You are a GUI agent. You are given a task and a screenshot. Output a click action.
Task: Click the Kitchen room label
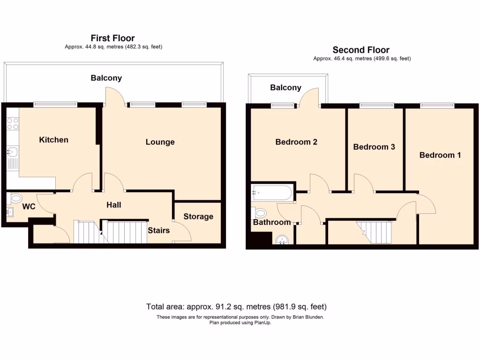pos(53,140)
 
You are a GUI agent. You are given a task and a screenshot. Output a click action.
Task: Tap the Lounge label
pos(160,142)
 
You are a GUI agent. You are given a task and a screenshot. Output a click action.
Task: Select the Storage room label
pos(198,216)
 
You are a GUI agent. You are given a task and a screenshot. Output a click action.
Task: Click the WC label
pos(29,206)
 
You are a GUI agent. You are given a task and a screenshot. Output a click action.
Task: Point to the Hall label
pos(113,205)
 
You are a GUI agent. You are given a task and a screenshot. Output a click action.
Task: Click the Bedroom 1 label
pos(440,155)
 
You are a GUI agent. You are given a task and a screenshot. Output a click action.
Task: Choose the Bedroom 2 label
pos(296,142)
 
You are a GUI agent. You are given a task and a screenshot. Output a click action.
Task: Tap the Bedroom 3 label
pos(374,147)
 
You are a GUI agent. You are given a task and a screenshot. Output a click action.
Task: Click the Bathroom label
pos(272,222)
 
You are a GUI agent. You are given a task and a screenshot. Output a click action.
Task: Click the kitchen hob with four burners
pos(13,123)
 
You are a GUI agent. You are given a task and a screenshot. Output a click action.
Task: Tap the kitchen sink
pos(13,152)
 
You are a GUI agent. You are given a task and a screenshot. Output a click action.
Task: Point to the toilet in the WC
pos(15,198)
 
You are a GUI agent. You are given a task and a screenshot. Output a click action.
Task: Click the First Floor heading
pos(112,38)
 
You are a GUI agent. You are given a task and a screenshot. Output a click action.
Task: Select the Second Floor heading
pos(361,50)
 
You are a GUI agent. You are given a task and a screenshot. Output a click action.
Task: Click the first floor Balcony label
pos(106,78)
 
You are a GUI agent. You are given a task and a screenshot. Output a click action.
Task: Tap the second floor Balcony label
pos(285,88)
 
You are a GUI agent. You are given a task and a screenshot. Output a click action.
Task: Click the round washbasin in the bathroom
pos(282,240)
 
